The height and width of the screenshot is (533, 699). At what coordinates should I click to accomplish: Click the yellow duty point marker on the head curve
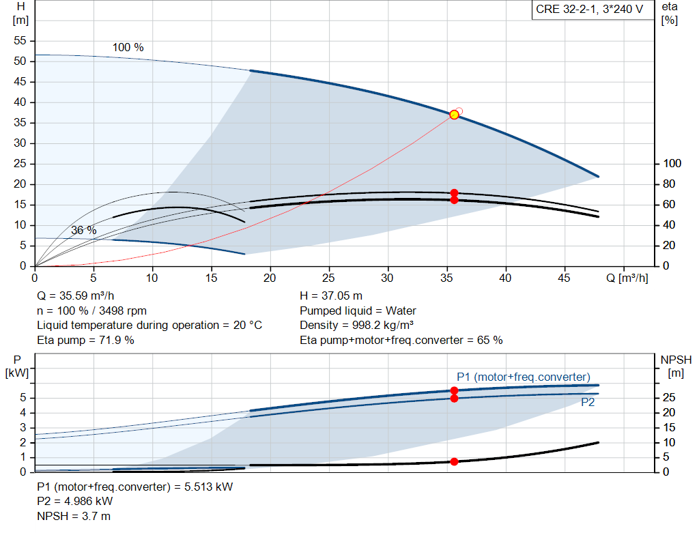(x=454, y=115)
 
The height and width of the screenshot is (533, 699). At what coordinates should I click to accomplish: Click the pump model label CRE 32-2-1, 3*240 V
(x=588, y=10)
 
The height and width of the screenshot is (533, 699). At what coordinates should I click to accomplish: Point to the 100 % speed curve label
(x=128, y=48)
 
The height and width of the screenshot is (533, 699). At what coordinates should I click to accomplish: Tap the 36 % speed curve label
(x=83, y=231)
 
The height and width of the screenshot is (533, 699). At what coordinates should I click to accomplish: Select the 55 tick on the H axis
(x=20, y=41)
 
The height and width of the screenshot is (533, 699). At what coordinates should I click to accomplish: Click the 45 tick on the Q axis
(x=565, y=278)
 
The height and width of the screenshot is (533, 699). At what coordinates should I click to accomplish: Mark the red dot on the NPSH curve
(x=454, y=462)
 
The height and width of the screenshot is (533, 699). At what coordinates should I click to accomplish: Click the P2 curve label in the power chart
(x=588, y=403)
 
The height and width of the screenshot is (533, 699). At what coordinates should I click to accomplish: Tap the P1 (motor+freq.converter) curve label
(x=523, y=377)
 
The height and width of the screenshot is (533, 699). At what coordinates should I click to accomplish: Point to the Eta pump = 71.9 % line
(x=85, y=339)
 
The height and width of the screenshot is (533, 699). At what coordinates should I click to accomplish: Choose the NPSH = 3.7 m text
(x=74, y=516)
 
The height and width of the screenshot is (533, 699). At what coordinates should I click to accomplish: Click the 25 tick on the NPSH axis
(x=670, y=398)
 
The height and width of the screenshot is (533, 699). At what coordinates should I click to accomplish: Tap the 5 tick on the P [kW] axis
(x=23, y=398)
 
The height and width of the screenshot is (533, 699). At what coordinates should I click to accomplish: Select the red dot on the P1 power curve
(x=454, y=390)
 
